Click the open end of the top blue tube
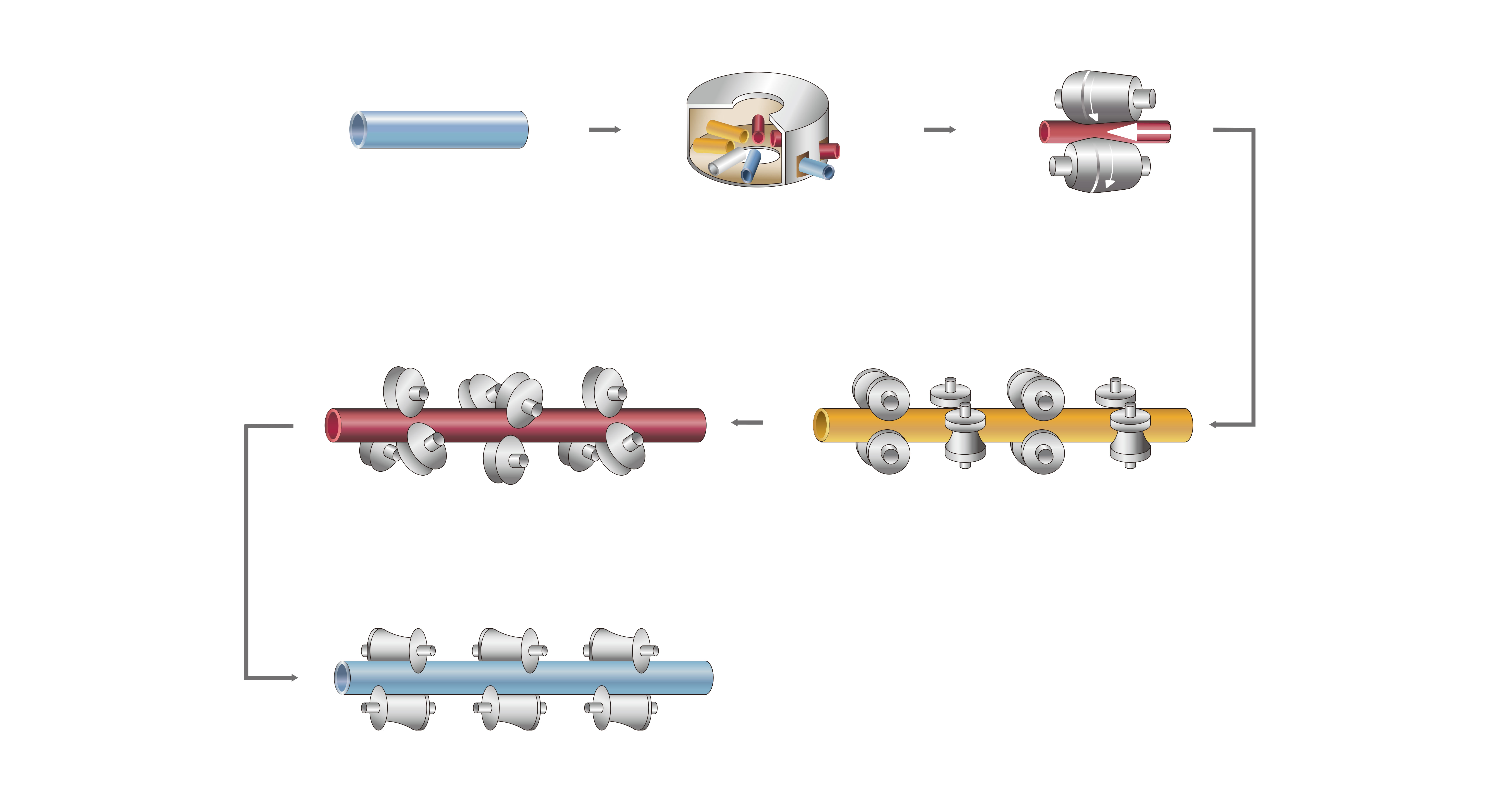pyautogui.click(x=356, y=129)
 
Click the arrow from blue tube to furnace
pyautogui.click(x=605, y=129)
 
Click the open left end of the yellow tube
pyautogui.click(x=821, y=425)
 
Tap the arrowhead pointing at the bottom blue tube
pyautogui.click(x=294, y=677)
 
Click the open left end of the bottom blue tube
pyautogui.click(x=342, y=677)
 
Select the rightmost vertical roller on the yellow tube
pyautogui.click(x=1130, y=434)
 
